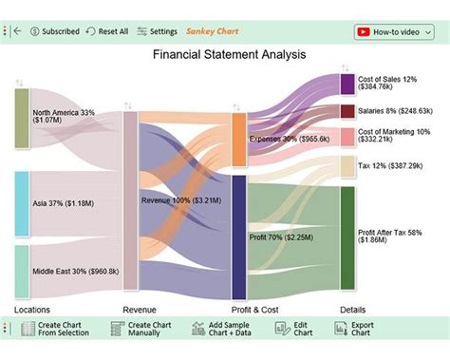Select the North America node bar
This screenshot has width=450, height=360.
point(22,118)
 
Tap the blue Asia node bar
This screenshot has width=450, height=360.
point(22,203)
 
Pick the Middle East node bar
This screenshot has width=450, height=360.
point(22,272)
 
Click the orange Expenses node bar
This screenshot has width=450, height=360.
point(239,139)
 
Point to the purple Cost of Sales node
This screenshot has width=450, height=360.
point(347,84)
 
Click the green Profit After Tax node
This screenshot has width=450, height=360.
point(347,237)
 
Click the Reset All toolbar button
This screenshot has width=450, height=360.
point(106,31)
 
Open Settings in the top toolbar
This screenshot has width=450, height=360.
point(157,31)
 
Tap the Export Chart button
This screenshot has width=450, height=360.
point(351,329)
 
